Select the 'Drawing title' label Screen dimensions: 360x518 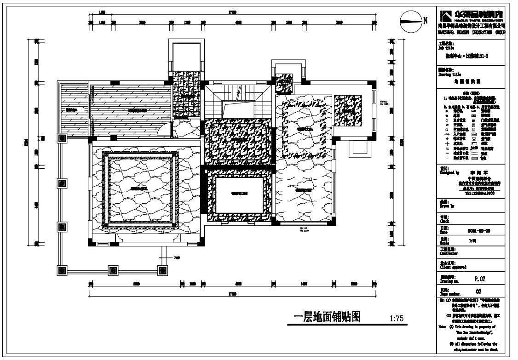coord(449,74)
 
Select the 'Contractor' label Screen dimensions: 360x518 coord(449,253)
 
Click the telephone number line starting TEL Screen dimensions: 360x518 coord(480,194)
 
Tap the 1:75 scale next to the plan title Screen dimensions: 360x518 coord(396,319)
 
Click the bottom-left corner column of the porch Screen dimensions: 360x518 coord(62,270)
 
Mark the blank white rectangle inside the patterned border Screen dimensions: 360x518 coord(239,195)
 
